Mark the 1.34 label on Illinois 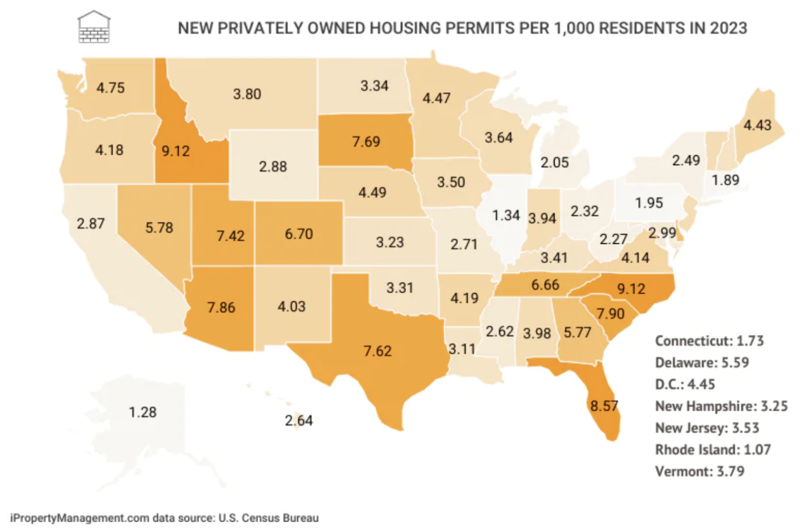point(507,216)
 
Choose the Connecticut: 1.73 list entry point(709,341)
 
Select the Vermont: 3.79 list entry point(699,471)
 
